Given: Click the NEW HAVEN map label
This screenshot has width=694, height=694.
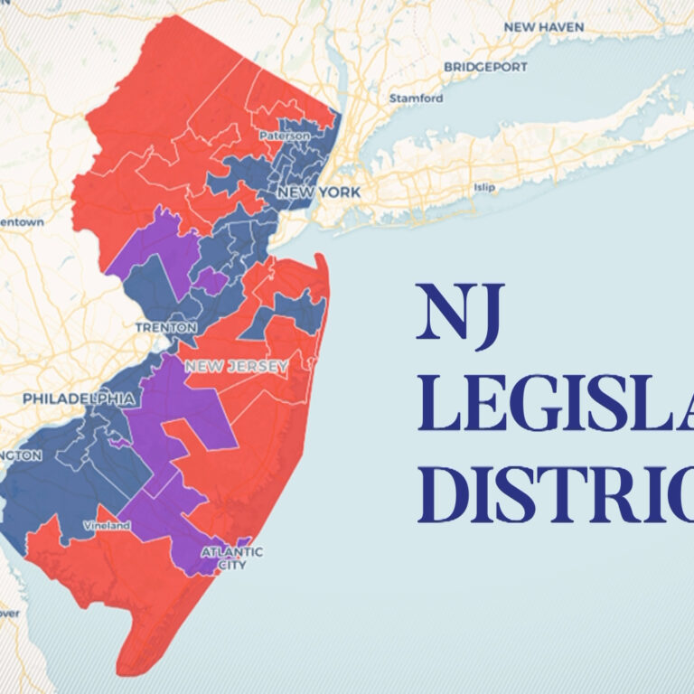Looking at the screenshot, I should [544, 27].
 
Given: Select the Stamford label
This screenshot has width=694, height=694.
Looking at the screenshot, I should [416, 98].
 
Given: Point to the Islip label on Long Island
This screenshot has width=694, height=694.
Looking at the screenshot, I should [485, 188].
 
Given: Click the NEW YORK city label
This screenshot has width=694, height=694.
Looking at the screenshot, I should [319, 192].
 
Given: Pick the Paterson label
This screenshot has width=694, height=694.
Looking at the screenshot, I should [285, 136].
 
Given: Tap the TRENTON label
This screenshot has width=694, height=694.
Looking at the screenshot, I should [165, 327].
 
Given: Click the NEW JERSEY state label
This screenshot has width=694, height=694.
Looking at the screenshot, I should [236, 367].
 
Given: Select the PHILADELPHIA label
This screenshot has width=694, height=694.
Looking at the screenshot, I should [80, 399].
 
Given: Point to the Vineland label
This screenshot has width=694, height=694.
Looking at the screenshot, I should [100, 525].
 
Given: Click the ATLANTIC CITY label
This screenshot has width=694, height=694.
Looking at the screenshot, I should [231, 558].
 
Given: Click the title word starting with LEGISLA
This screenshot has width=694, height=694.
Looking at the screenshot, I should [556, 408].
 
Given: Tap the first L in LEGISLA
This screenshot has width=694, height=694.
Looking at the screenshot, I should [435, 408].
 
